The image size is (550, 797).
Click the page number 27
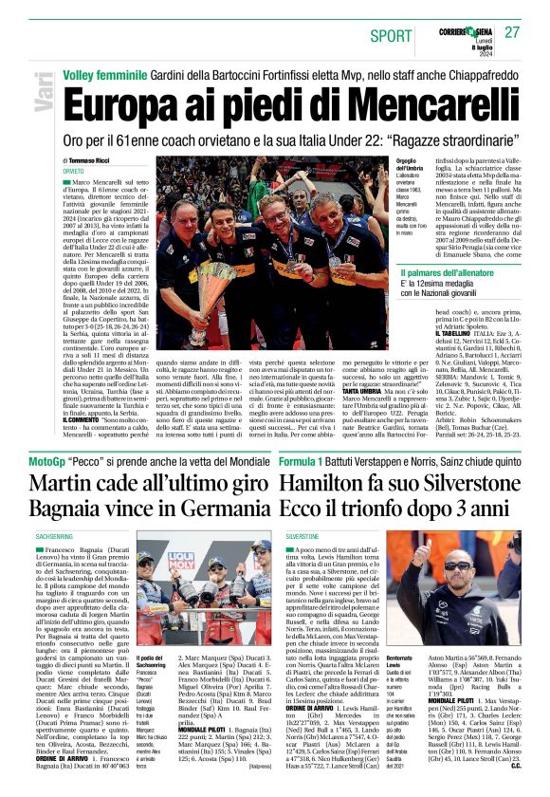[513, 32]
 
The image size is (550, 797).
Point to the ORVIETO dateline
[74, 172]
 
